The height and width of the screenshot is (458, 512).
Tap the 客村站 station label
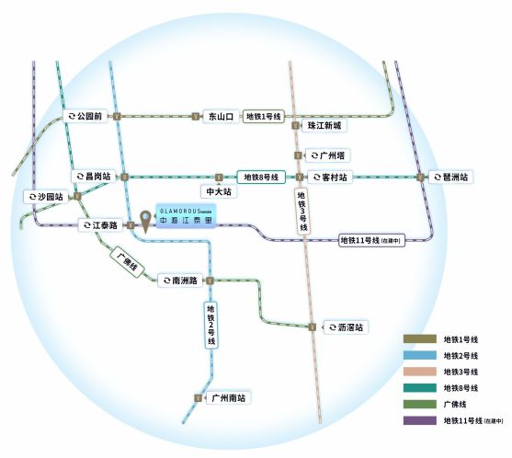click(x=328, y=177)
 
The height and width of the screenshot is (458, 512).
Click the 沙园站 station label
click(x=47, y=197)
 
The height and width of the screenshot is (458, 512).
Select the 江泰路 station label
click(x=103, y=224)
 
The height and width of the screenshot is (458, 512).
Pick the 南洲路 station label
click(x=181, y=281)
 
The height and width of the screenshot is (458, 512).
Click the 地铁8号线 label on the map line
click(x=260, y=177)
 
